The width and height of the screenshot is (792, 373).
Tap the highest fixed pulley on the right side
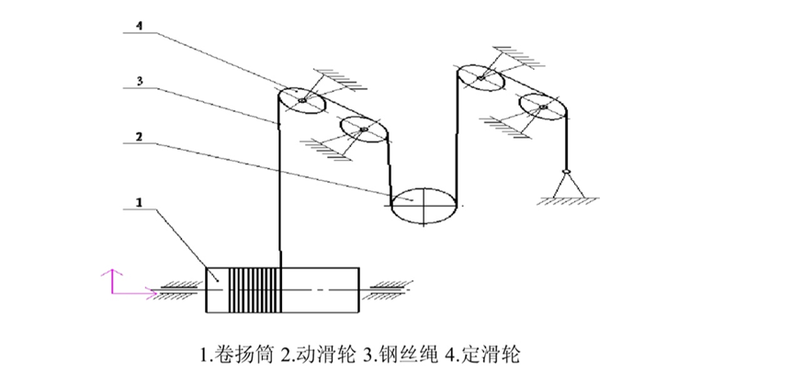480,78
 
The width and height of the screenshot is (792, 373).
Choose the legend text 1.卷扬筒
233,353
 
